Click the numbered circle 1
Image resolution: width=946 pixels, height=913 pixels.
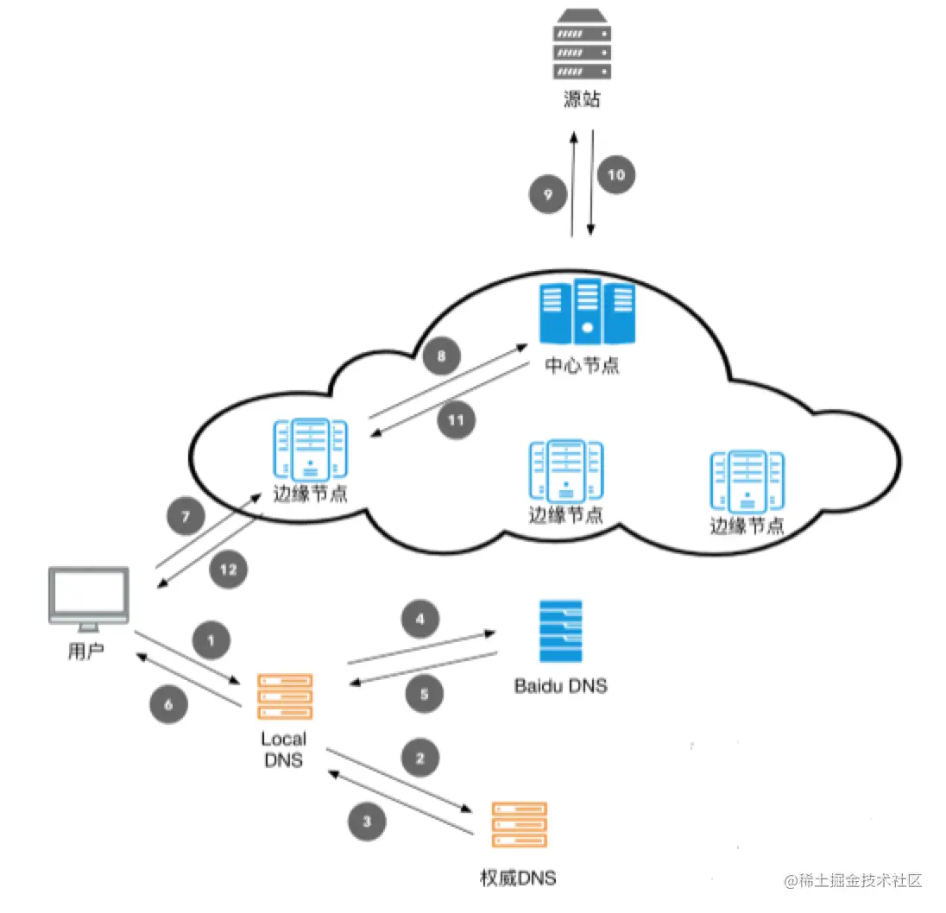click(211, 639)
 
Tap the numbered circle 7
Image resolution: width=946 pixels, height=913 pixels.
click(186, 516)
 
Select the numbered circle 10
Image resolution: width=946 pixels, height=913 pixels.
click(616, 175)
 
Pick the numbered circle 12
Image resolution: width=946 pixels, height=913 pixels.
click(228, 570)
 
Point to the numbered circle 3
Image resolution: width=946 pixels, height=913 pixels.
click(367, 822)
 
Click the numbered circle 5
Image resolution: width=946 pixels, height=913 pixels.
click(424, 694)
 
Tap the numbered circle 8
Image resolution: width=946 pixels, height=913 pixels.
click(442, 356)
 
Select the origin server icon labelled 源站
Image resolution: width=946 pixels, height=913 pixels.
click(582, 44)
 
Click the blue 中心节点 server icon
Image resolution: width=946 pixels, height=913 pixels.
click(586, 312)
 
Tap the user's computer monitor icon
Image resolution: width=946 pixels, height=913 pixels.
click(89, 599)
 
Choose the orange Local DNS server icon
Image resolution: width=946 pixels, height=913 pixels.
click(285, 696)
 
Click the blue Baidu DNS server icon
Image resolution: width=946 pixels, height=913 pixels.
click(561, 632)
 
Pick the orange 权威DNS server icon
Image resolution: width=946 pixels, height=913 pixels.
click(520, 824)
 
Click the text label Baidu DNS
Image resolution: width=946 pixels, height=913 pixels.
click(561, 686)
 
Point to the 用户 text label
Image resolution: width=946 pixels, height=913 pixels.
click(85, 652)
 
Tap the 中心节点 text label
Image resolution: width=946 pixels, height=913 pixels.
click(582, 365)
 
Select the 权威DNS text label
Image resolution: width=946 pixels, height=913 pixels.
click(518, 878)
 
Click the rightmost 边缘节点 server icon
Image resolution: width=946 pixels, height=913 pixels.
click(747, 482)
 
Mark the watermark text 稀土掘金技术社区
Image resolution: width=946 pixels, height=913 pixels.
click(861, 881)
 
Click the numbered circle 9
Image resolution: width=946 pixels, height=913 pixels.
click(548, 194)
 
